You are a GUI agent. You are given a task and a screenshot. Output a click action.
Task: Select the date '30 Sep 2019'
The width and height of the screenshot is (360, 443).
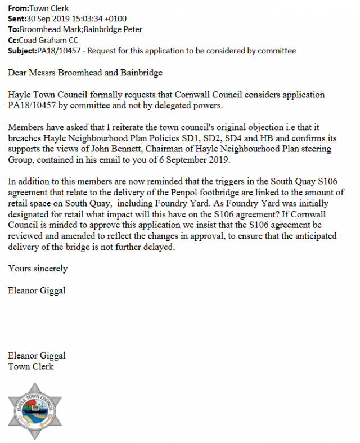click(x=48, y=19)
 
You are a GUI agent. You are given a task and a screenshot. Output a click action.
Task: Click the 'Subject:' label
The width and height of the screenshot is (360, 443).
click(x=23, y=51)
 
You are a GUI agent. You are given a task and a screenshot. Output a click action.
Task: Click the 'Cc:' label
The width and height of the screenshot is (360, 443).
click(x=13, y=41)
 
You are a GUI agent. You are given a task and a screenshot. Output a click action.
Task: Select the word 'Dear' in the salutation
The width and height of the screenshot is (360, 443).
click(x=18, y=72)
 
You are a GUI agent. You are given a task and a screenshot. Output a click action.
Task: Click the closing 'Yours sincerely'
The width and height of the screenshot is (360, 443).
click(x=38, y=269)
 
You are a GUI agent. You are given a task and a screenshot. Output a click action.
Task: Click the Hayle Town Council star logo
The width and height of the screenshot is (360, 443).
click(x=33, y=410)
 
